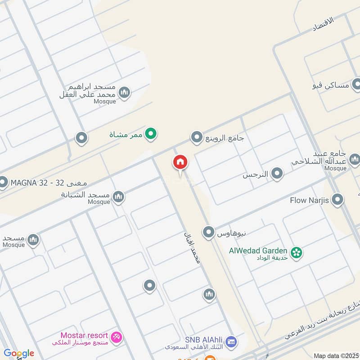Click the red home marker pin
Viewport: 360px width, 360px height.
coord(180,163)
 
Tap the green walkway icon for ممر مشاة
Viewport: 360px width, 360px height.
coord(152,134)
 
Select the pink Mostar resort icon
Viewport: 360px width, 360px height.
coord(117,337)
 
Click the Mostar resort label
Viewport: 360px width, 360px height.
coord(84,336)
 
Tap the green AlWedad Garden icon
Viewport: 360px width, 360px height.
coord(296,252)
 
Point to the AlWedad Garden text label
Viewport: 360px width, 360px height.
coord(258,250)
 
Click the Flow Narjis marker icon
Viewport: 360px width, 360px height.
coord(337,200)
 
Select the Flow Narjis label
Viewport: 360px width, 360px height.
coord(310,200)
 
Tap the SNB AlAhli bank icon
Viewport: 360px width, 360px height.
coord(231,342)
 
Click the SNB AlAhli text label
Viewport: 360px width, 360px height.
coord(203,340)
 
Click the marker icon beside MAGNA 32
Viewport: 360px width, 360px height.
coord(3,183)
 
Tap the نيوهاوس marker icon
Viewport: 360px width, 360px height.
coord(208,233)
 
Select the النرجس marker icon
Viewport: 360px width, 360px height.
coord(277,173)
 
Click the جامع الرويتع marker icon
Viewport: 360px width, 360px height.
coord(197,137)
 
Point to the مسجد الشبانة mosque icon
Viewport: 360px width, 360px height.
coord(118,196)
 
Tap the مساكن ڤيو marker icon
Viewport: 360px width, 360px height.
coord(357,84)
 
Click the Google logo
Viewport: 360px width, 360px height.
coord(19,353)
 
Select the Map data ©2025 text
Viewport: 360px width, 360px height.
coord(335,355)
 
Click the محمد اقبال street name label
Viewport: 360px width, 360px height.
coord(191,248)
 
